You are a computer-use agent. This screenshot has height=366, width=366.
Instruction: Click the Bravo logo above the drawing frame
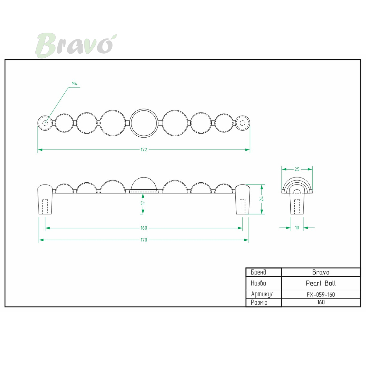click(x=76, y=45)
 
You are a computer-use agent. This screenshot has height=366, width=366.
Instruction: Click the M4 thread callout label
click(x=74, y=84)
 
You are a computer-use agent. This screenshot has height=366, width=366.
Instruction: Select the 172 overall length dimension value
click(x=144, y=150)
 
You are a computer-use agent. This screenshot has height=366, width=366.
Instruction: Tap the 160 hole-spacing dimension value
click(x=144, y=228)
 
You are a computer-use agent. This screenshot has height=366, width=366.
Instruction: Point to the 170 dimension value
click(x=144, y=240)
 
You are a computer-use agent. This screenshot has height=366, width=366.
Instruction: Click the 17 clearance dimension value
click(x=143, y=203)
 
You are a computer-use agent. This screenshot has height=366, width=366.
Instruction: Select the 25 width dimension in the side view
click(x=297, y=169)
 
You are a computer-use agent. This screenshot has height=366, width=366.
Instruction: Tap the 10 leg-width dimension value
click(x=297, y=228)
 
